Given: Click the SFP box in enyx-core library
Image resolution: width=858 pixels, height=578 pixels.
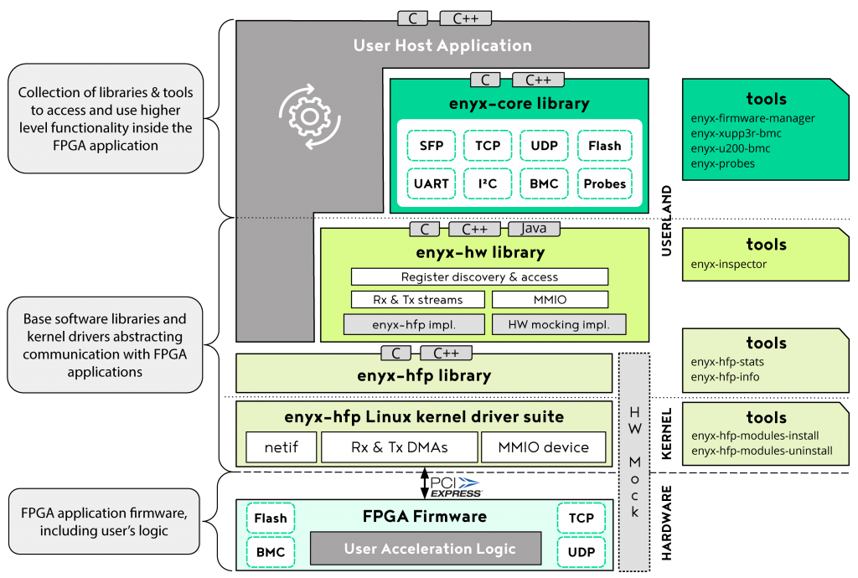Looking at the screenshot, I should [x=432, y=146].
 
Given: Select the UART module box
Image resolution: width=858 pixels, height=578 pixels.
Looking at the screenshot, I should [x=432, y=183].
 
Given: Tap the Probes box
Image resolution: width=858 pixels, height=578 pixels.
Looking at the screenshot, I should [x=604, y=183].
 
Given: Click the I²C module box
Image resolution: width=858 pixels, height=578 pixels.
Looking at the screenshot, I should [x=488, y=183].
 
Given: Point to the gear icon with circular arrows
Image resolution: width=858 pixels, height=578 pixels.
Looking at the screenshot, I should [x=310, y=115].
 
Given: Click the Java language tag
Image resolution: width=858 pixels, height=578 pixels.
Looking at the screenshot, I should [x=534, y=229].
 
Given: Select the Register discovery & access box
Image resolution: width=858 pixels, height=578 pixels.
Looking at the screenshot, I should [x=479, y=276].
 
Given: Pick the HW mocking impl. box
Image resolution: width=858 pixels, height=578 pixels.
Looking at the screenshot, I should [x=559, y=324].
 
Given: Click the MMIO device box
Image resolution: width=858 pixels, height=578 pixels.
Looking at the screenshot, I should [x=544, y=447].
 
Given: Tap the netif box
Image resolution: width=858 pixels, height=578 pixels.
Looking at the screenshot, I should [x=281, y=447].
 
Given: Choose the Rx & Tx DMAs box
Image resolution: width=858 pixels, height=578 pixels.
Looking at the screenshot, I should [x=399, y=447].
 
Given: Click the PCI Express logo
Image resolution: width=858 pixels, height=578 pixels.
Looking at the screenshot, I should [x=455, y=487].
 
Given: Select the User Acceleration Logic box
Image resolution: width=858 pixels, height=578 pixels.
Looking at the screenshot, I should [x=430, y=549].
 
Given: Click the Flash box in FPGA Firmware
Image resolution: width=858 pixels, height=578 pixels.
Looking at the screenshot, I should [x=270, y=518].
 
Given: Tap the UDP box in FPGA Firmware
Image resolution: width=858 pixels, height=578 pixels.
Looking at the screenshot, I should [x=581, y=552].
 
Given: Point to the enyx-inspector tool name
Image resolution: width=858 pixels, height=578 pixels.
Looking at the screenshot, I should [x=729, y=265].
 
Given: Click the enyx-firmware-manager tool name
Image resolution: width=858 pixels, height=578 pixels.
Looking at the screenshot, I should [x=752, y=119].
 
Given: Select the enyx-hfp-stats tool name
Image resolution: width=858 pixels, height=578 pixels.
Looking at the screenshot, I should [x=727, y=362].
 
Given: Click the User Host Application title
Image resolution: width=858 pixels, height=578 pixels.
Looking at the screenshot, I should [x=442, y=45].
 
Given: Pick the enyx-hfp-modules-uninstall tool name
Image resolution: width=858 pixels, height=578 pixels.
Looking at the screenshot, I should [x=762, y=451].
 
